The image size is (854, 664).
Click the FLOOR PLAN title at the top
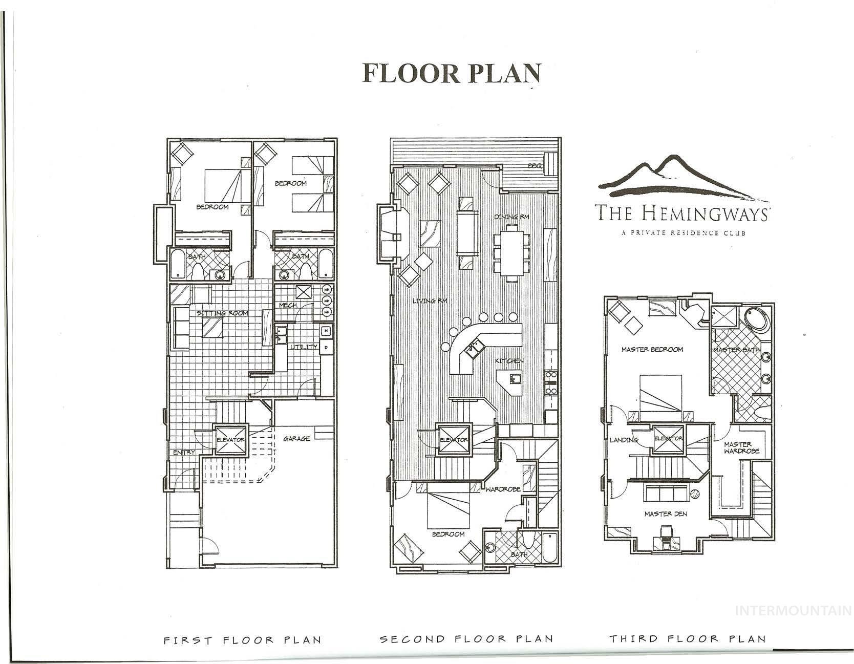click(x=451, y=73)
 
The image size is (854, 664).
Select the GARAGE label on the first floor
click(x=296, y=439)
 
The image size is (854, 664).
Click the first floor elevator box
click(x=230, y=439)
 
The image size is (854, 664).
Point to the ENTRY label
click(x=184, y=453)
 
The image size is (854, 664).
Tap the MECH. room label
click(x=288, y=305)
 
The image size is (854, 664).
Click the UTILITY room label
click(x=304, y=347)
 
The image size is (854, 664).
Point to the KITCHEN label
click(x=509, y=361)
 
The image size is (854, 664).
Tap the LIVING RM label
click(x=430, y=301)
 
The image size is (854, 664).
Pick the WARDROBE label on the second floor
click(x=503, y=489)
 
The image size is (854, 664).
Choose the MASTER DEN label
click(x=666, y=514)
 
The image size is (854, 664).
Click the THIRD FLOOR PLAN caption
click(x=687, y=639)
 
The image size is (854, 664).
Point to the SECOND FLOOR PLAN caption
click(x=466, y=639)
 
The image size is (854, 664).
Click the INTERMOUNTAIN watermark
click(x=793, y=610)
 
